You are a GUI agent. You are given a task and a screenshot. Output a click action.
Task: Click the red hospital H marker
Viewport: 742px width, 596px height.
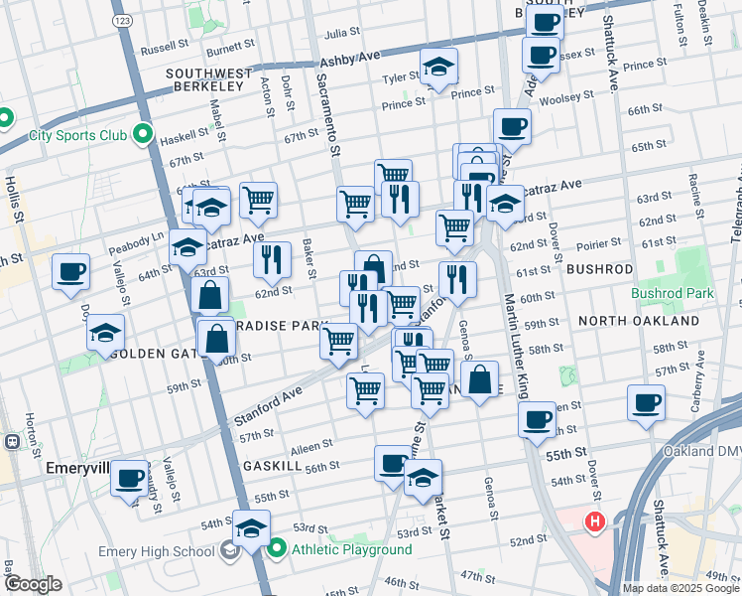(x=594, y=521)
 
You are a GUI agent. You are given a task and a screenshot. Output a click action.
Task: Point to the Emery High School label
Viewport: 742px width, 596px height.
(x=158, y=552)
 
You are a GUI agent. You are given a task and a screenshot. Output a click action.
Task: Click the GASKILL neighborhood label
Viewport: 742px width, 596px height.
(x=273, y=465)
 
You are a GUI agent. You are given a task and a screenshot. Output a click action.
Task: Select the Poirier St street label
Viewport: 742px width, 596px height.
(x=599, y=241)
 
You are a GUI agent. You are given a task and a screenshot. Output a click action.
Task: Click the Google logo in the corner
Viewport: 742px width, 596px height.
(x=33, y=584)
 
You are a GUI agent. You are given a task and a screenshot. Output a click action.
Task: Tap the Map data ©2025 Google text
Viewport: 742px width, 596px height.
(x=680, y=588)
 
